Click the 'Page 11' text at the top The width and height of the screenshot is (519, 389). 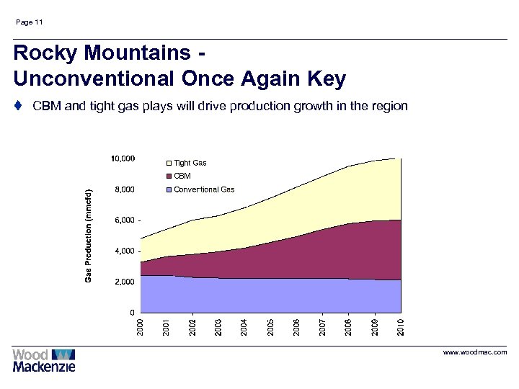coord(29,22)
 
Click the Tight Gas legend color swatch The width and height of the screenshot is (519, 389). coord(169,163)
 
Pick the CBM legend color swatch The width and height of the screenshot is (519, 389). coord(169,176)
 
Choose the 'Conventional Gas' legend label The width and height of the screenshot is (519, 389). coord(204,189)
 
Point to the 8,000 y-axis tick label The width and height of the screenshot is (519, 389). coord(125,189)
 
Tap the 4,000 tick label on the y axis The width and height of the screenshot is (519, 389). coord(125,251)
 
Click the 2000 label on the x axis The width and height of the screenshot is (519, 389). coord(141,325)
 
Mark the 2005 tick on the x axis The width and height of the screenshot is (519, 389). coord(270,325)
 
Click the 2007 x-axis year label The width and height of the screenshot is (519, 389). coord(323,325)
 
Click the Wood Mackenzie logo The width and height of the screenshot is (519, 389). coord(44,359)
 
